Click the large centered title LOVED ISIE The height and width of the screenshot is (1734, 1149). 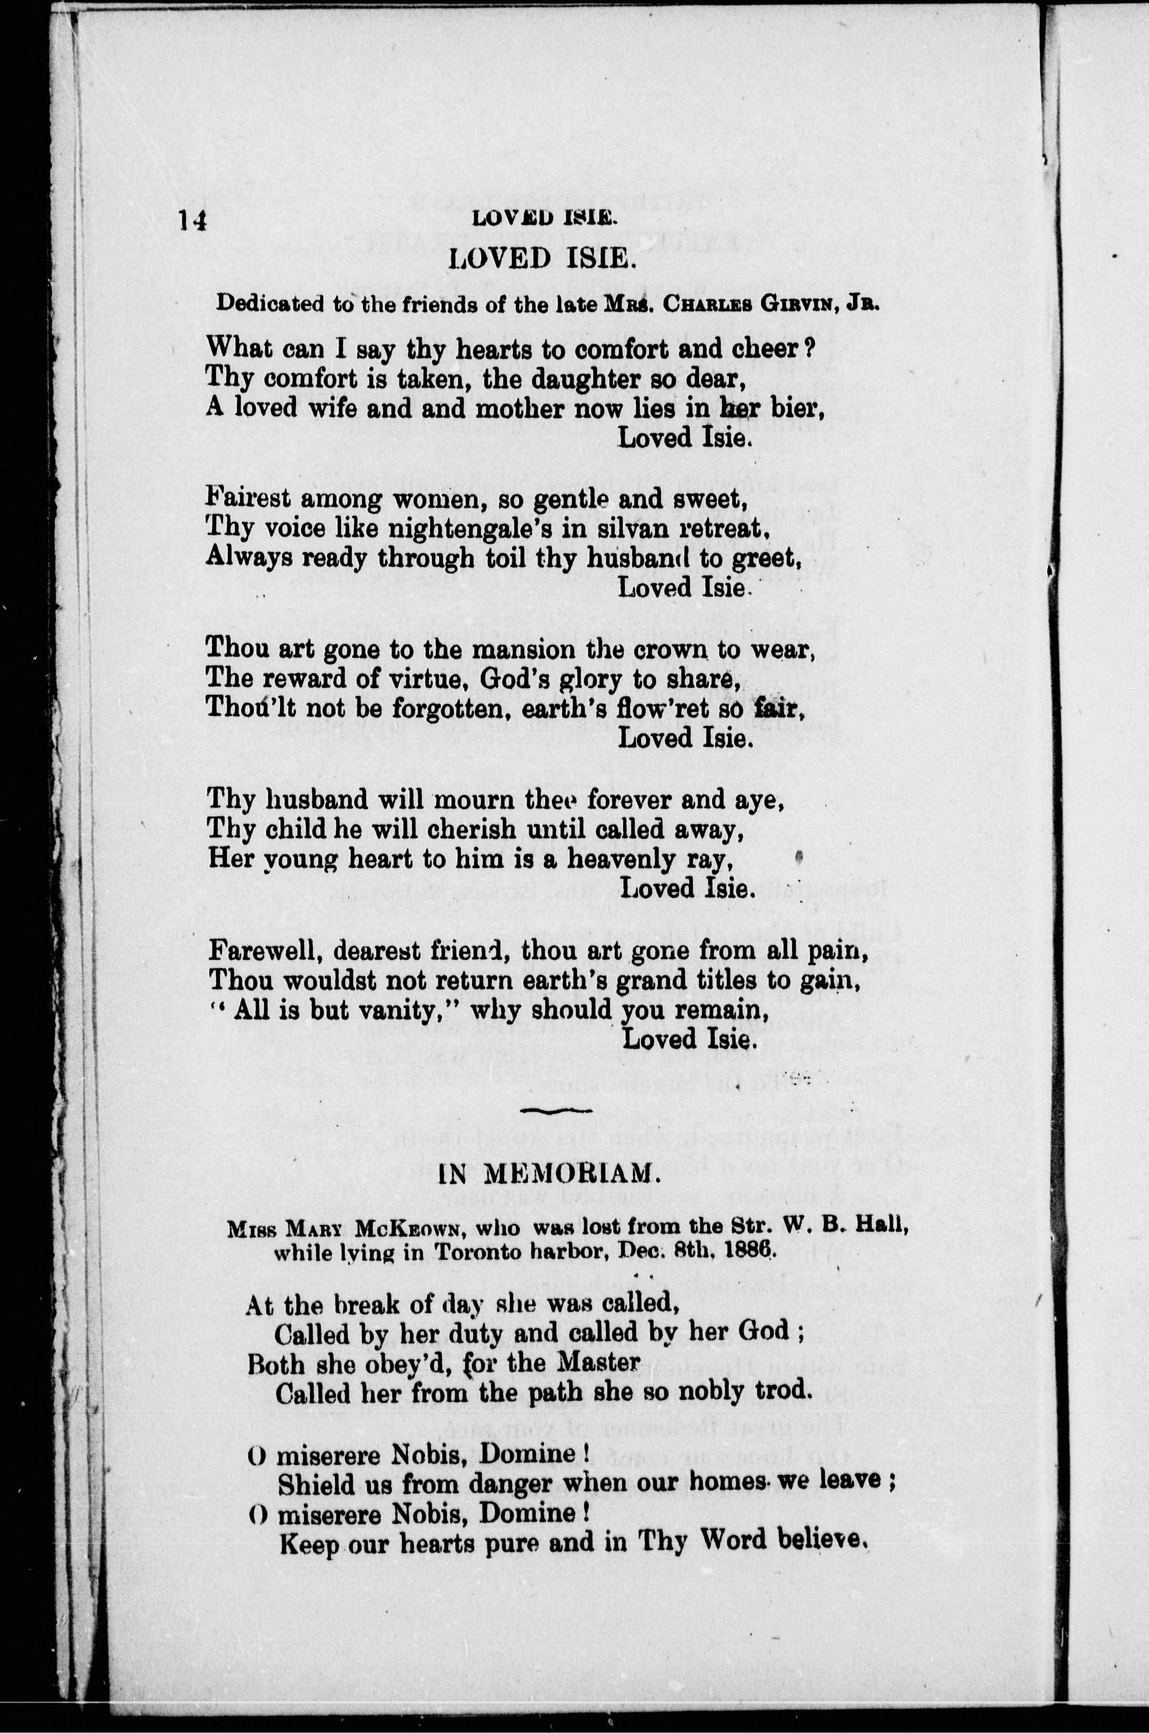[542, 258]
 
